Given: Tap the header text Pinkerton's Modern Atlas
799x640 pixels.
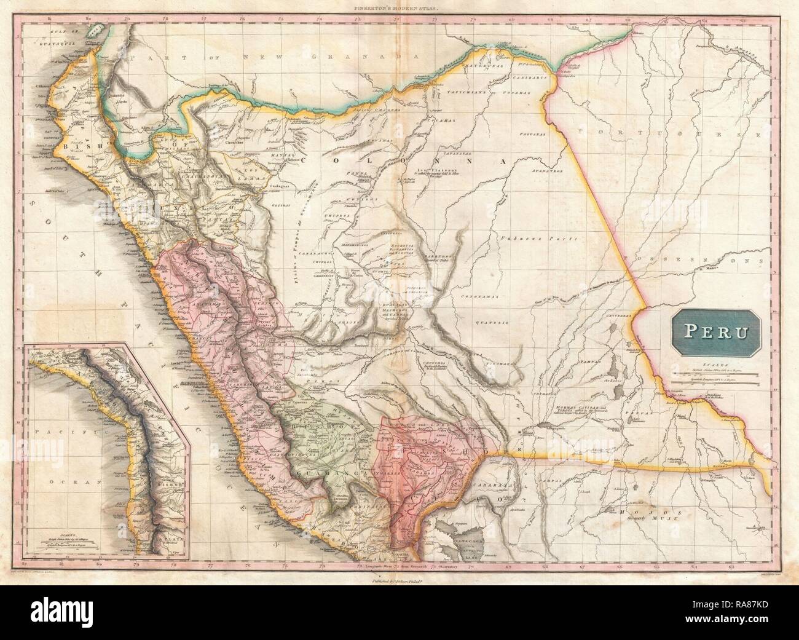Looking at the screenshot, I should point(399,8).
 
